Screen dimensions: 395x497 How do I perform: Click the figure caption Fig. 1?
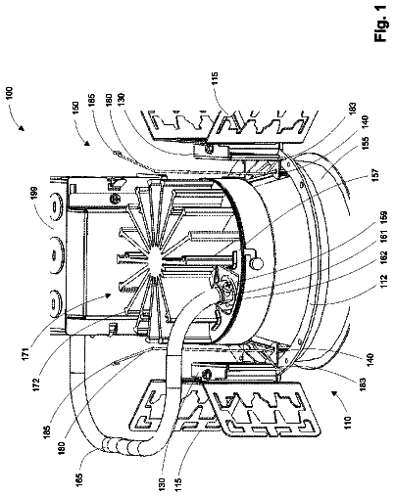click(x=381, y=23)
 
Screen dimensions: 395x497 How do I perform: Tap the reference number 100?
click(x=10, y=93)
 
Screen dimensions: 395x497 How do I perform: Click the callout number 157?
click(x=374, y=176)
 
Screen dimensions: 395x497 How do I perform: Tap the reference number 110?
click(x=348, y=423)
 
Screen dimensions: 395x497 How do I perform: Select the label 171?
click(x=26, y=352)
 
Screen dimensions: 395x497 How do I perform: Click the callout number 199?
click(x=35, y=193)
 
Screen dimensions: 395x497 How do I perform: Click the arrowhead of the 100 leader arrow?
click(x=22, y=128)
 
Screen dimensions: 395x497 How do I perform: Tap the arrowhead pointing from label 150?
click(x=87, y=143)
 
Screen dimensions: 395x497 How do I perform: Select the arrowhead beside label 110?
click(x=334, y=393)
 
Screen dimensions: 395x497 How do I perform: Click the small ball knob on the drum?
click(x=256, y=263)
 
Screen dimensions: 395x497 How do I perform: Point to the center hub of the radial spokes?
click(x=156, y=260)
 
